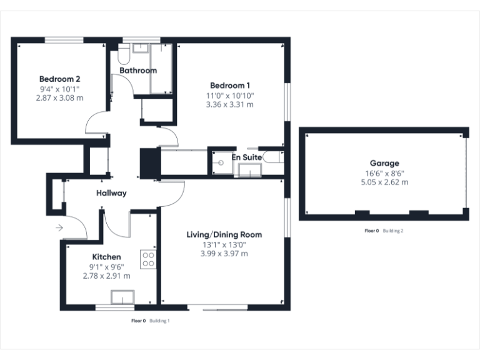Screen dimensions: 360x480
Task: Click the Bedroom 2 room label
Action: [60, 79]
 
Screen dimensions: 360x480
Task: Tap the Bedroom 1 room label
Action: [230, 86]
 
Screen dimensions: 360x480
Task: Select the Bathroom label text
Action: [138, 71]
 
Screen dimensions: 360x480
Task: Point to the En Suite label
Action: [247, 157]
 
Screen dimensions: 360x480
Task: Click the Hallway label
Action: [111, 193]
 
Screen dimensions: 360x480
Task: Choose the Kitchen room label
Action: [107, 257]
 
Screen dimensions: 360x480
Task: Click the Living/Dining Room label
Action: [224, 235]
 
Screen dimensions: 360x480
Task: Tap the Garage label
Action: [384, 164]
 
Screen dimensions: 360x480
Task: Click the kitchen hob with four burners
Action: [148, 259]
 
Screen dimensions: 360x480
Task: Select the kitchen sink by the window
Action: [122, 297]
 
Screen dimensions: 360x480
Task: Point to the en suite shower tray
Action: [219, 162]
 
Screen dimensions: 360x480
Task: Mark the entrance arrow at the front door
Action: [59, 228]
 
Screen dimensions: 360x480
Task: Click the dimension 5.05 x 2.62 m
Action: [384, 182]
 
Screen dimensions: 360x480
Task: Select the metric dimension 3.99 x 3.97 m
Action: [224, 254]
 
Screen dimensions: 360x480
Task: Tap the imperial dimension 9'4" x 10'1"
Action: [60, 89]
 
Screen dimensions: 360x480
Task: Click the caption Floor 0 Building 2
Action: [384, 231]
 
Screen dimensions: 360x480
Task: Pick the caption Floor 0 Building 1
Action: [150, 321]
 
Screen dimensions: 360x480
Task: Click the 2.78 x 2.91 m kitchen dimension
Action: [107, 276]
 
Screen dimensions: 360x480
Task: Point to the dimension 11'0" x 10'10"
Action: [230, 96]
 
